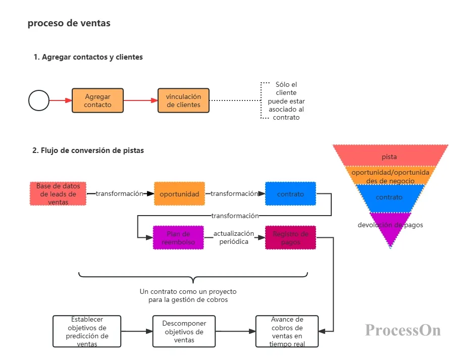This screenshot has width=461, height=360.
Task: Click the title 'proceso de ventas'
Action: click(69, 23)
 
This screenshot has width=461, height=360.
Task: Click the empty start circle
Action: click(39, 100)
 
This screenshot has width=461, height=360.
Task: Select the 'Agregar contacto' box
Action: click(97, 100)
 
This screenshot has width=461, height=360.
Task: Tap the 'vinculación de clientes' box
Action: click(183, 100)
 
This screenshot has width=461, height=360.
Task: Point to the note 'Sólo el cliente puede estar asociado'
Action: click(286, 101)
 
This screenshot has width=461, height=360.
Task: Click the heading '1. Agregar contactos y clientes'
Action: click(88, 57)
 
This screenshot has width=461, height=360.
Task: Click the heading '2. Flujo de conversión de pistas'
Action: click(88, 150)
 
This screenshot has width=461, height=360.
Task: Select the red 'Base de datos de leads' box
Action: click(58, 194)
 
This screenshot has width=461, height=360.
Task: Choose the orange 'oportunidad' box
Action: click(179, 194)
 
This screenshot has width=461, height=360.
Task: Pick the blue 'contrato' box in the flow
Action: click(290, 194)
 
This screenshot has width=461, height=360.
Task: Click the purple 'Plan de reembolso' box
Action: click(178, 238)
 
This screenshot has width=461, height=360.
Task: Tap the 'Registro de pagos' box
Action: click(290, 238)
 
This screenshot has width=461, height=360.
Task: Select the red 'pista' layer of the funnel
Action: click(389, 156)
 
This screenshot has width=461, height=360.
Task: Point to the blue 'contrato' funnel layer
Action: click(389, 197)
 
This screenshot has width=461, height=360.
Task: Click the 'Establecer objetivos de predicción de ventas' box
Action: click(87, 332)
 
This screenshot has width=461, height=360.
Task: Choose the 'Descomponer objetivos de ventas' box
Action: click(183, 332)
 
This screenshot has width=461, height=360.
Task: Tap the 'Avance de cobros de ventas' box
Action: click(287, 332)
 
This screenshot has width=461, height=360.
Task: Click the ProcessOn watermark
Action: click(403, 330)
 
